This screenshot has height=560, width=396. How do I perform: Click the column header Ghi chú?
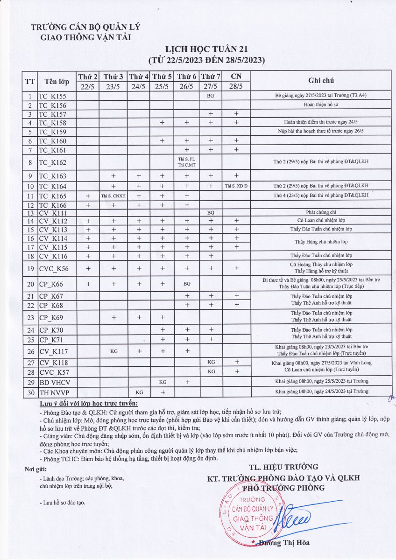(x=321, y=80)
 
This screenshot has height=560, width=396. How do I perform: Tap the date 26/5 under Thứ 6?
(x=187, y=86)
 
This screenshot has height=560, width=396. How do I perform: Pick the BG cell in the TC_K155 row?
(x=211, y=96)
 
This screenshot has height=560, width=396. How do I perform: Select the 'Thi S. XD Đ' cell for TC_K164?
(x=236, y=186)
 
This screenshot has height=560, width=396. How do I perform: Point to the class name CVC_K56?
(x=54, y=268)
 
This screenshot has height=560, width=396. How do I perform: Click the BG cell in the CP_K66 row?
(x=187, y=283)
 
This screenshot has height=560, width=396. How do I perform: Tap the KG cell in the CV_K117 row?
(x=113, y=350)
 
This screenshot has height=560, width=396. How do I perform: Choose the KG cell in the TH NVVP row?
(x=138, y=392)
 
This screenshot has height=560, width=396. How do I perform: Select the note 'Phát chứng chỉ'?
(x=321, y=212)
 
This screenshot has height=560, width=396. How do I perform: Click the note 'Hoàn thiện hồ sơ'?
(x=321, y=105)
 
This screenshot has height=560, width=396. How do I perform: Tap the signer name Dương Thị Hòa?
(x=286, y=542)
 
